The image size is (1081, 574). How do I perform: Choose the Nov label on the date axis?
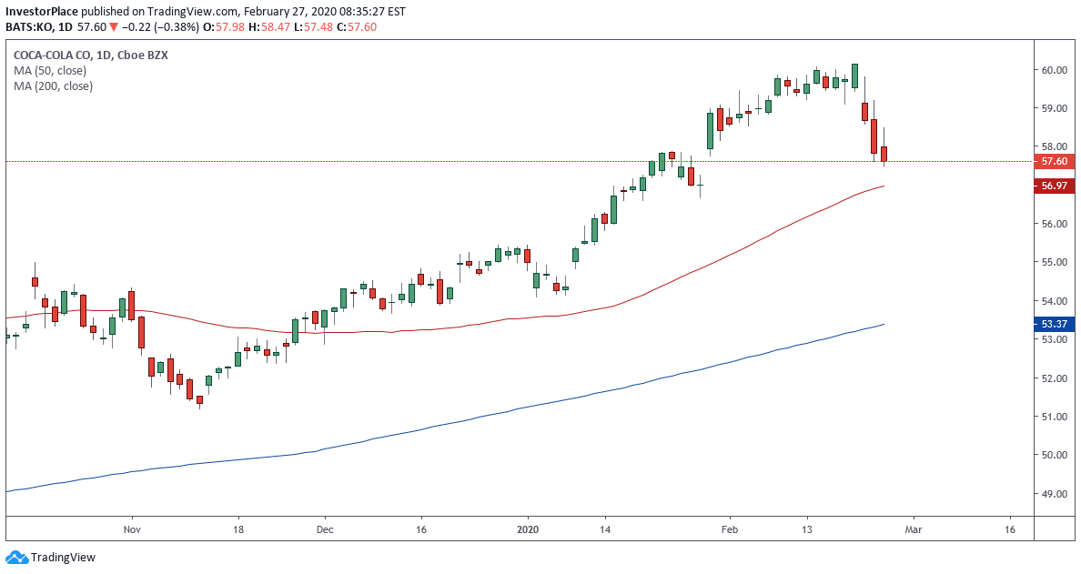133,529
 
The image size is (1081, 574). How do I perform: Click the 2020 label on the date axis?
529,529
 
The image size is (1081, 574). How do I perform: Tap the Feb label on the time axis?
729,529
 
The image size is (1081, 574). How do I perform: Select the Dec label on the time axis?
325,529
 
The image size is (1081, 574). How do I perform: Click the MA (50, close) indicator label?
52,70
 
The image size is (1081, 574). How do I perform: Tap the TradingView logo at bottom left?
51,557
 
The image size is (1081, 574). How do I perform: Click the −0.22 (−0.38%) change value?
145,27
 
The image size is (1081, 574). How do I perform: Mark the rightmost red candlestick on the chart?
883,155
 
